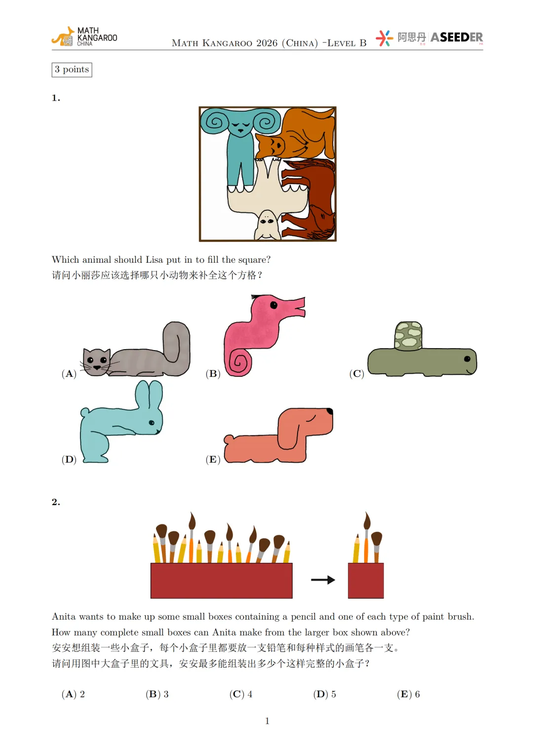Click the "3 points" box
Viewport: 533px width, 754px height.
[x=72, y=70]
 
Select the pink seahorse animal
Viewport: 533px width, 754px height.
[x=260, y=335]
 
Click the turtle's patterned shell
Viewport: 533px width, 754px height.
[x=408, y=336]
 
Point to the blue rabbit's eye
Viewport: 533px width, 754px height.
[x=152, y=423]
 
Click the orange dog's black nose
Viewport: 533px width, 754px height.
[x=330, y=411]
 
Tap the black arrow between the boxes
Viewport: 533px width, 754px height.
[x=323, y=580]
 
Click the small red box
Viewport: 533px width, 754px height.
[x=366, y=580]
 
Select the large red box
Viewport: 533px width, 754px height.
[x=222, y=580]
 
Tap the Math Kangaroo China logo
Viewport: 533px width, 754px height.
[x=84, y=36]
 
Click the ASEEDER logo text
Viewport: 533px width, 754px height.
[x=457, y=38]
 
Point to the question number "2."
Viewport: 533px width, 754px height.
[x=56, y=502]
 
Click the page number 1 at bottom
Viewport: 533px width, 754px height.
[x=267, y=721]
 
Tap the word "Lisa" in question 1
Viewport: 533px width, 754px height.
[x=154, y=260]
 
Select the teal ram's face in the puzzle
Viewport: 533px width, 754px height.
[x=241, y=126]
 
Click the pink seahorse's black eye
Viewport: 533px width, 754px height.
[x=273, y=305]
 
